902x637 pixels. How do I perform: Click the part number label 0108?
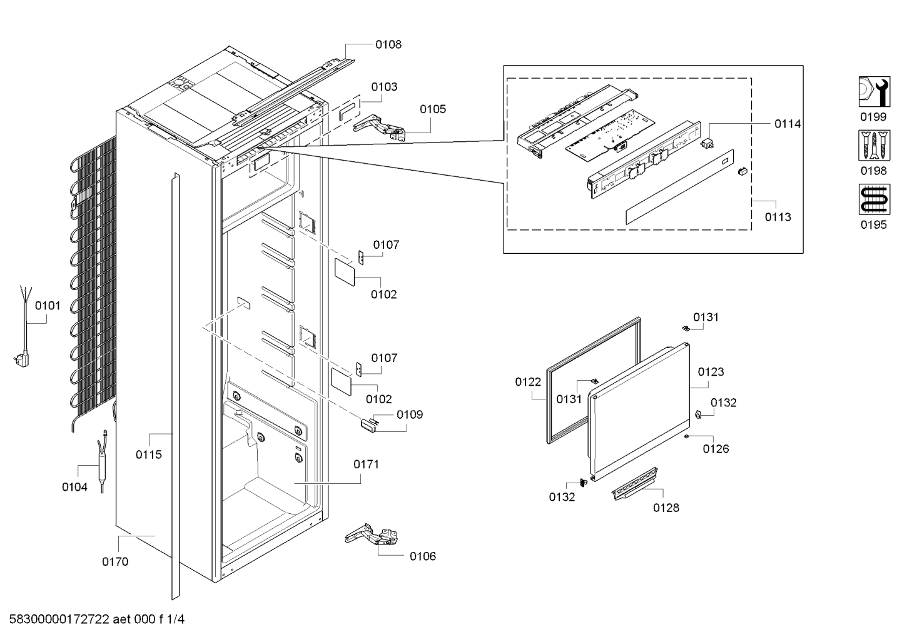coord(388,44)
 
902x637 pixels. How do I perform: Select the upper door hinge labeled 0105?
coord(380,128)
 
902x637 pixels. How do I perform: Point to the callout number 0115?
coord(149,454)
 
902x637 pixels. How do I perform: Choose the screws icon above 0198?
coord(873,145)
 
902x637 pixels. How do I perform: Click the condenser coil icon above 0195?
coord(873,199)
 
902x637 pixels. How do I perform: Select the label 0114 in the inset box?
coord(788,124)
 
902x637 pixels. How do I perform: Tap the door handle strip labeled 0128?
coord(635,484)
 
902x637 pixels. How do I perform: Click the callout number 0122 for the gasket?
coord(528,382)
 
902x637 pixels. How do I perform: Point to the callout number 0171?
coord(366,464)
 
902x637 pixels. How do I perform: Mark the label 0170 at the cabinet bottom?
coord(115,561)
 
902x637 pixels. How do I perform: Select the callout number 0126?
coord(716,449)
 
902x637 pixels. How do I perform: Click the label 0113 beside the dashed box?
coord(778,217)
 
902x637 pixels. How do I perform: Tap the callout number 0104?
coord(74,487)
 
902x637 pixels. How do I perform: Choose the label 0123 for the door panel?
coord(711,372)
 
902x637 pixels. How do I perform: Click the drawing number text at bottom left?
coord(96,619)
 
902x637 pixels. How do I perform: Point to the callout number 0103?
coord(384,87)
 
